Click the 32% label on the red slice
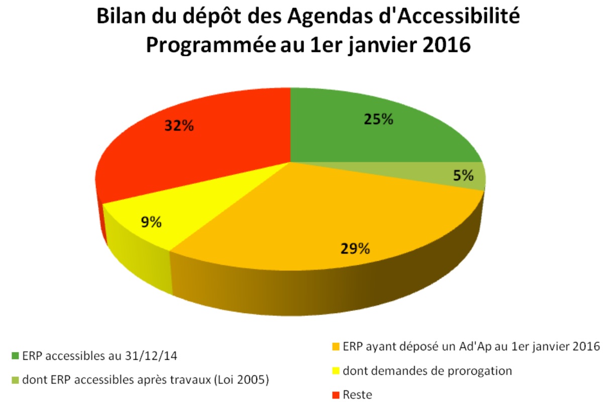[x=179, y=125]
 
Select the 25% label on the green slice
[x=377, y=119]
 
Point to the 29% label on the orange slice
[x=355, y=248]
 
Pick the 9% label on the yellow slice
[x=151, y=222]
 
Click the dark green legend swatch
[x=16, y=357]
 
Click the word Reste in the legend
[x=357, y=395]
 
